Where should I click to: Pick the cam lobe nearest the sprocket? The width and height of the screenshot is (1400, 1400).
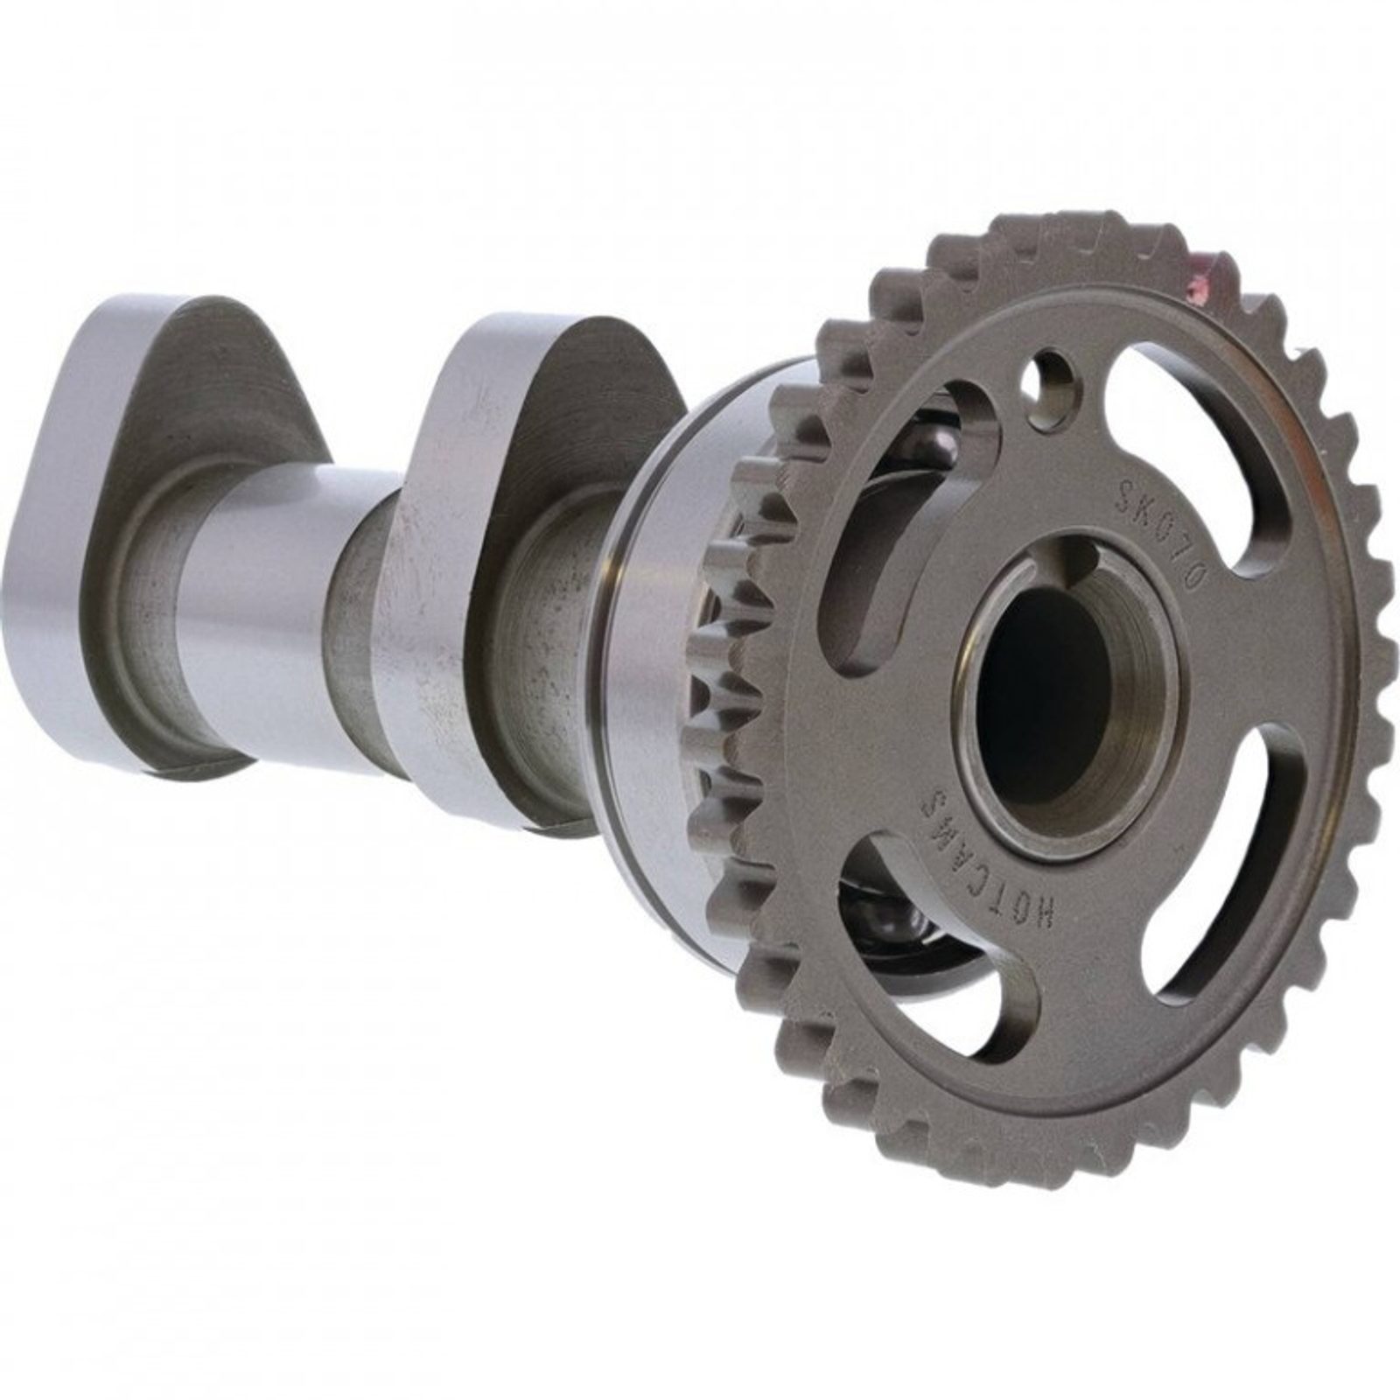click(x=516, y=560)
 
